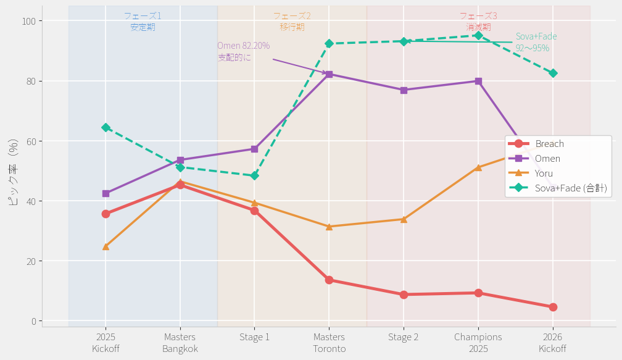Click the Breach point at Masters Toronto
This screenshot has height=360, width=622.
(329, 280)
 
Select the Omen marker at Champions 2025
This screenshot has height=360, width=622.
(478, 81)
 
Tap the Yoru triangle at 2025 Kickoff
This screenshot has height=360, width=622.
(106, 247)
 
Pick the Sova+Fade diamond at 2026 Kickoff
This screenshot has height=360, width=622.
(553, 73)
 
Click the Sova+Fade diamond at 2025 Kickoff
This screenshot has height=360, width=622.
(106, 127)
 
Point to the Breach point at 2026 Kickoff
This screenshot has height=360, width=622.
(553, 307)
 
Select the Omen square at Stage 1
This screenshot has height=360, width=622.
(254, 149)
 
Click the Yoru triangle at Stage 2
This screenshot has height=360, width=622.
(404, 219)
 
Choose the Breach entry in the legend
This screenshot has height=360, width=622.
(549, 144)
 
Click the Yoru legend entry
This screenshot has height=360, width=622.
(544, 174)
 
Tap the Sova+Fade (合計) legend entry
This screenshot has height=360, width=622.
(570, 188)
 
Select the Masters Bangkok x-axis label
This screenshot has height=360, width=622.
(180, 343)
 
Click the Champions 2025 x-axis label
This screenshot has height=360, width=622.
(478, 343)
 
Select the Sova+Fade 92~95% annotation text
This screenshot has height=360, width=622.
(536, 42)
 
